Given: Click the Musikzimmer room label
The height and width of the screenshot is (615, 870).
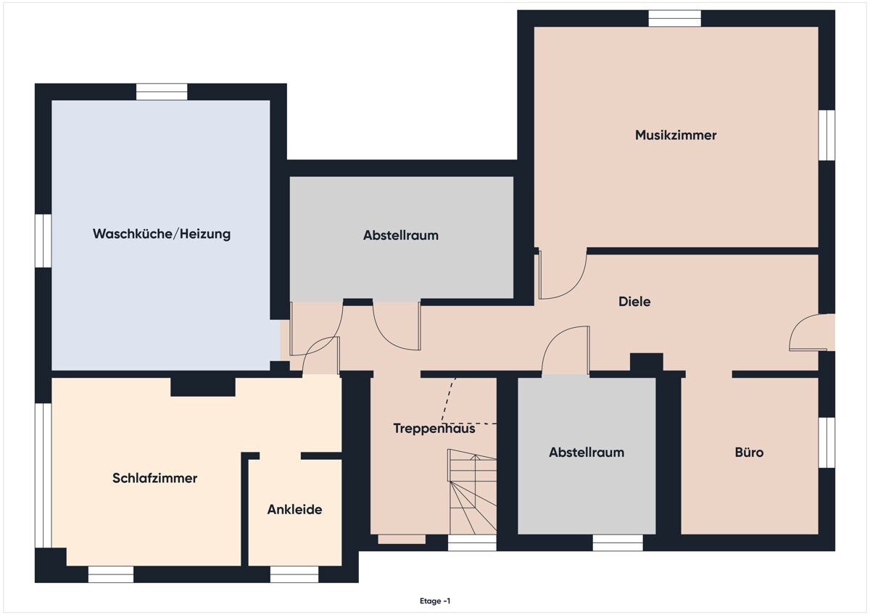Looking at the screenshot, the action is pos(676,135).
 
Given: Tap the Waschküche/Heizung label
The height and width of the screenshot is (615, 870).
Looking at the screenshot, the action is pos(162,234).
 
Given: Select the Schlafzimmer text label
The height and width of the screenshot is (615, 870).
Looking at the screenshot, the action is pos(154,478).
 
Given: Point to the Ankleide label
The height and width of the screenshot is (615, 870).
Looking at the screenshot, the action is pos(295,509).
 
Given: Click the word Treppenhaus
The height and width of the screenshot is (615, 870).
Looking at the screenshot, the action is pos(434,428).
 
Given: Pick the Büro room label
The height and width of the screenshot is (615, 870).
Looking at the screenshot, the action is pos(749,453).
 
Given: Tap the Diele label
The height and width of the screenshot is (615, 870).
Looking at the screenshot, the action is pos(634,302).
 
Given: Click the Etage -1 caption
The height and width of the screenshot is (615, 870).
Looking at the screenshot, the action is pos(435,601).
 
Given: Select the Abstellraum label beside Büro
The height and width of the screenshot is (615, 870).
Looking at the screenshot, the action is pos(587,453).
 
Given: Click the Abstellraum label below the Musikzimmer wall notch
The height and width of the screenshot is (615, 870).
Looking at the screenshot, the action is pos(401,236).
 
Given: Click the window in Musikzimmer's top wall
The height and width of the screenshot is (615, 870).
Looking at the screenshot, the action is pos(675,18).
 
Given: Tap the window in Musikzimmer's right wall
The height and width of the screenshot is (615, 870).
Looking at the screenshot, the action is pos(826,135).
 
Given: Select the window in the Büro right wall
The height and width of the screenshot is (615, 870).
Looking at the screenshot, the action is pos(826,442).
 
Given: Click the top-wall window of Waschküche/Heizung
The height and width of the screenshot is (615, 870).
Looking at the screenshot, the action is pos(162,92).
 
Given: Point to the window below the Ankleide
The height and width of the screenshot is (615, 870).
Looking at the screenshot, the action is pos(294,574).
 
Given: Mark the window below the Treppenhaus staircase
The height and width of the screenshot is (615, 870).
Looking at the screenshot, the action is pos(472,542).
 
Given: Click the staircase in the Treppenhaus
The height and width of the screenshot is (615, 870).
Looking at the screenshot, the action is pos(472,492).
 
